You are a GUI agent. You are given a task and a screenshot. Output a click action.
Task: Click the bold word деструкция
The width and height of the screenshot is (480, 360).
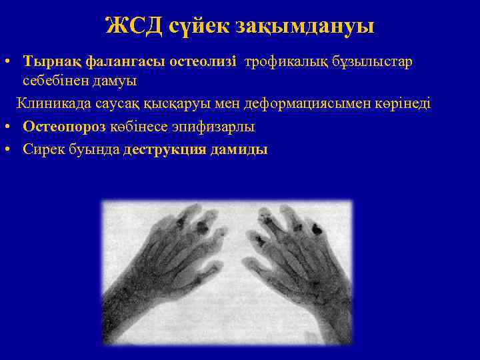pyautogui.click(x=165, y=149)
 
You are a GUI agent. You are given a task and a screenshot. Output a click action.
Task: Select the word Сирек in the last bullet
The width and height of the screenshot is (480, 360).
pyautogui.click(x=41, y=149)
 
